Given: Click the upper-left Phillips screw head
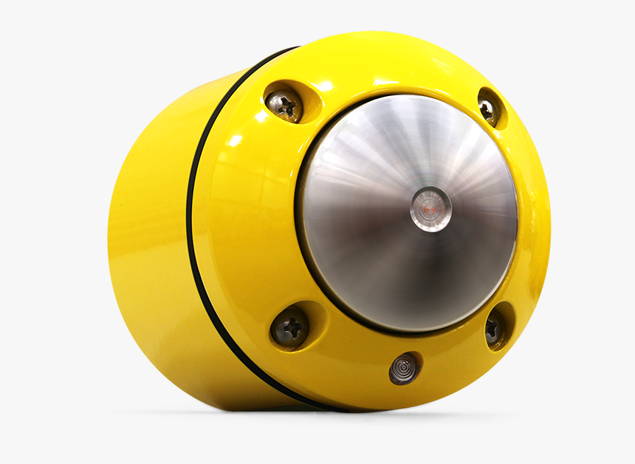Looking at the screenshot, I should (x=284, y=106).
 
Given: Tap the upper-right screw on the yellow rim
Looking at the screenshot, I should (x=488, y=109).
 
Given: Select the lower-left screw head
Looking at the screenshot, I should (x=290, y=327).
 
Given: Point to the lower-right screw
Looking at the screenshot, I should (x=494, y=327).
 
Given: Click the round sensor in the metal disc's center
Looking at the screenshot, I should (x=430, y=209).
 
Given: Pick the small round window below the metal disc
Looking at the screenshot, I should (x=404, y=368).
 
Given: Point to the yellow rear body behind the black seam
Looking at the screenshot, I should (x=148, y=222).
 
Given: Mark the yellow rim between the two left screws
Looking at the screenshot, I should (x=251, y=214).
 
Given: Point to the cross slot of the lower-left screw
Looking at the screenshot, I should (x=290, y=327).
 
